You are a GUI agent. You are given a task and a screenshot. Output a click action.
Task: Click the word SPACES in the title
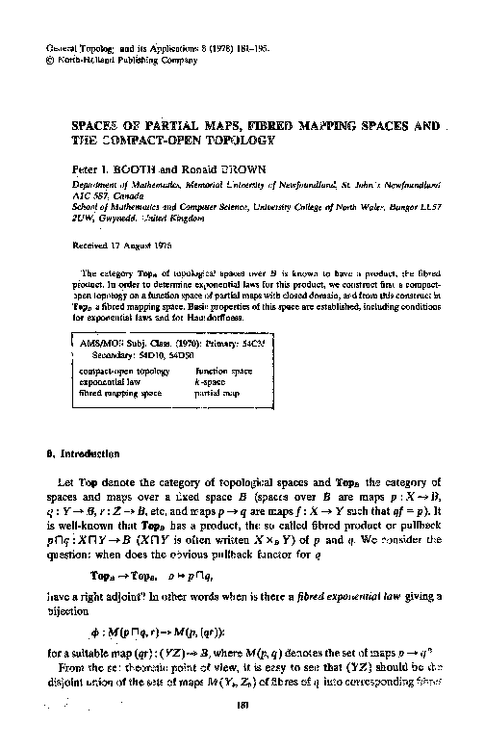98,125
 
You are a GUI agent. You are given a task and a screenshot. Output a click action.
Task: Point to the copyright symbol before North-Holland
50,61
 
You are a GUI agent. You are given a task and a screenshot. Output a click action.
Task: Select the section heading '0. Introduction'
80,452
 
